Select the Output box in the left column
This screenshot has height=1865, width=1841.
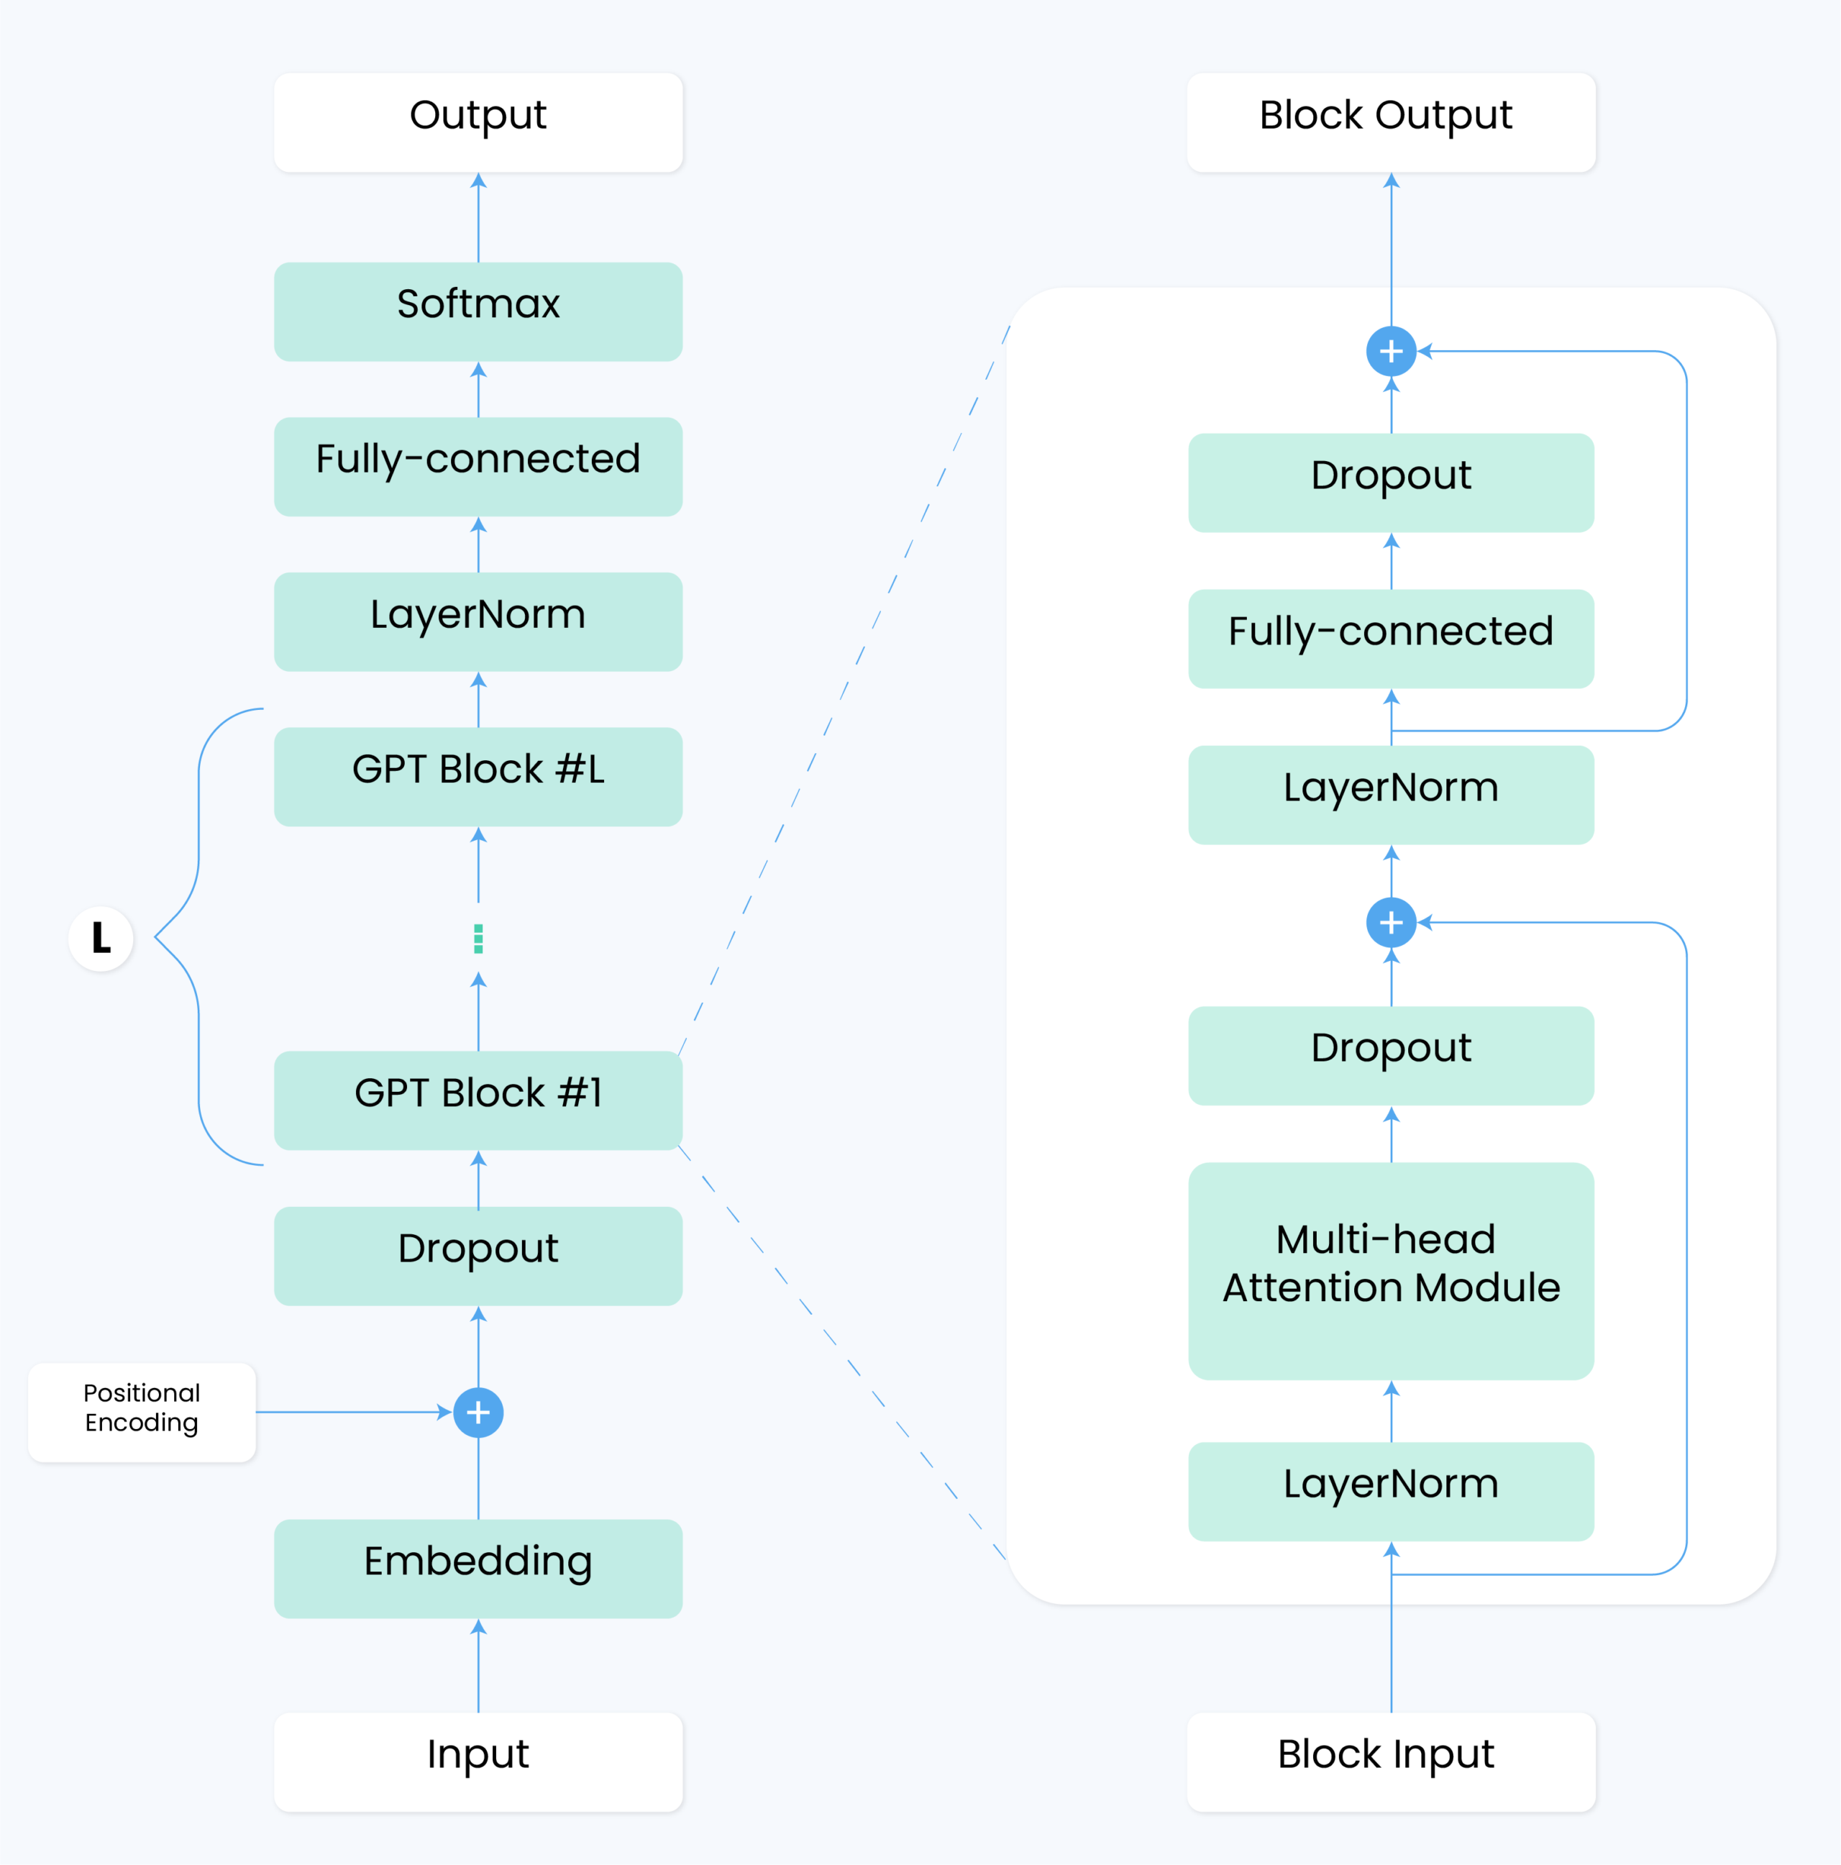[478, 122]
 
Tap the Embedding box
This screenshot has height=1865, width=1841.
[478, 1569]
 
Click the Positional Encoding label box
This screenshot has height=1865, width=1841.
[142, 1413]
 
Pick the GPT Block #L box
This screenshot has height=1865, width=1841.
[478, 776]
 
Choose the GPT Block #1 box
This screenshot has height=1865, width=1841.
[478, 1100]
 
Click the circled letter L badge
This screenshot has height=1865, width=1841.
[101, 939]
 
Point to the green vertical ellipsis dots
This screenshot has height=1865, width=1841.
[478, 939]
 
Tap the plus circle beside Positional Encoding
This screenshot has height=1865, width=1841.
[478, 1413]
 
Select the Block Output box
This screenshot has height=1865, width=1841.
[1391, 122]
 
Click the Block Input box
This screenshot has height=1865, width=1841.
[1391, 1761]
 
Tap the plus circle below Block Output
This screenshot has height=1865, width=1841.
[1391, 352]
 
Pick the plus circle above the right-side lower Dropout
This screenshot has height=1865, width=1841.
[1391, 923]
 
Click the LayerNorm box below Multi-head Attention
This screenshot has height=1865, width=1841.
[1391, 1492]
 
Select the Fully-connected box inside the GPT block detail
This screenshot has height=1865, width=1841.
[1391, 638]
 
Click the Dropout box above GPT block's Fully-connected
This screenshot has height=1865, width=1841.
[1391, 483]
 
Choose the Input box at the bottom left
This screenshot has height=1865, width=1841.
[478, 1761]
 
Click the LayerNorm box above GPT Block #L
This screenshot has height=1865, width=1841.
[478, 621]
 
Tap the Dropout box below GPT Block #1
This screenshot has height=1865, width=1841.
[478, 1256]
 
